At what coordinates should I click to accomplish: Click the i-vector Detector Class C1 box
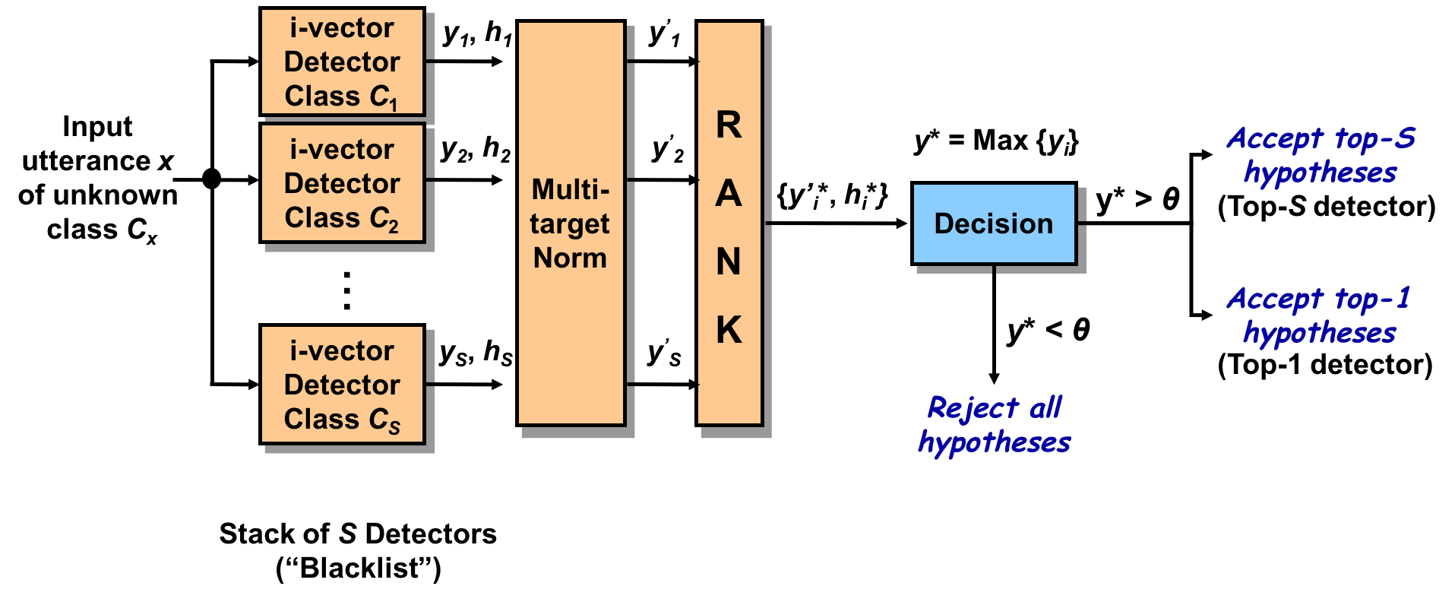tap(342, 62)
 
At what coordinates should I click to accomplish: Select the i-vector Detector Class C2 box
tap(342, 183)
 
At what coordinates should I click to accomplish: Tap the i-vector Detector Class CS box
tap(342, 384)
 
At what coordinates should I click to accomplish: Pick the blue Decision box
tap(994, 223)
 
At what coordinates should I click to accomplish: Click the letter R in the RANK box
tap(729, 125)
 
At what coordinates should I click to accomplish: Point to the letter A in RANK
tap(729, 193)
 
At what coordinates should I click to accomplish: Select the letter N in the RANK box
tap(729, 261)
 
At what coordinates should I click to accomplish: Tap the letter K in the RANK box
tap(729, 330)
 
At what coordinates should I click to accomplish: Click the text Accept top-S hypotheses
tap(1321, 156)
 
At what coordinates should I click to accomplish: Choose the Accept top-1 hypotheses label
tap(1319, 315)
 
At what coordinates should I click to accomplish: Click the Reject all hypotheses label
tap(994, 425)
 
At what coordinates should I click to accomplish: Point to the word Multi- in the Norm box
tap(571, 189)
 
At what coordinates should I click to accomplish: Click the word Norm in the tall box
tap(570, 258)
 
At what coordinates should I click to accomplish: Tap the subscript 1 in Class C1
tap(393, 105)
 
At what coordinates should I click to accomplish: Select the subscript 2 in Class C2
tap(393, 227)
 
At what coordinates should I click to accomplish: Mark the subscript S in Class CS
tap(394, 428)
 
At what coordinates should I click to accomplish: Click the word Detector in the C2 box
tap(342, 183)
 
